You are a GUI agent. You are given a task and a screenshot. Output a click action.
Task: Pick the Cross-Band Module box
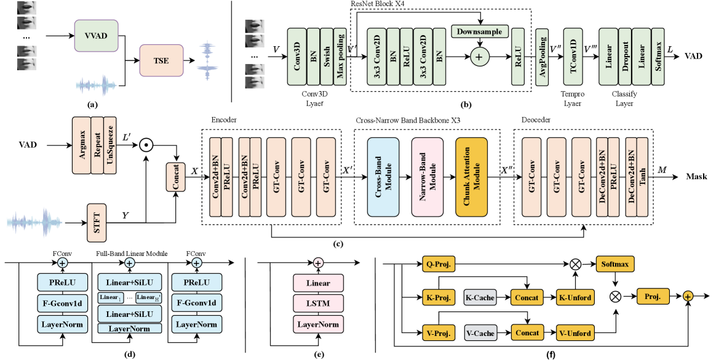pyautogui.click(x=383, y=177)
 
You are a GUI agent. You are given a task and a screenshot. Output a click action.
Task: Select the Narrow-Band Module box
pyautogui.click(x=428, y=177)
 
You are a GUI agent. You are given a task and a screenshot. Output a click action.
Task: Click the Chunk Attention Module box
pyautogui.click(x=472, y=177)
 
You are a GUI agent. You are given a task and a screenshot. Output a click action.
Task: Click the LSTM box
pyautogui.click(x=317, y=303)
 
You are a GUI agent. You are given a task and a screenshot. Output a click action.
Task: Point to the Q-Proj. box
pyautogui.click(x=439, y=265)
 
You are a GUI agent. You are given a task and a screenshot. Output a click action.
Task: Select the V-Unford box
pyautogui.click(x=575, y=334)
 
